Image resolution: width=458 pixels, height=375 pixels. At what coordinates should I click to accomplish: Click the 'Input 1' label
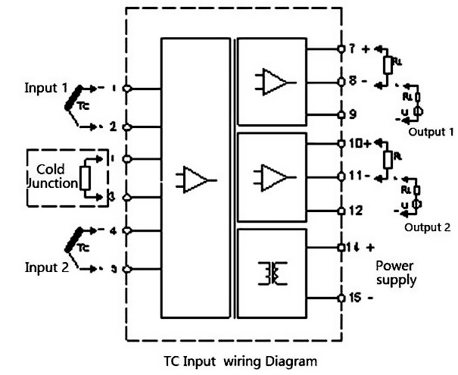pyautogui.click(x=45, y=86)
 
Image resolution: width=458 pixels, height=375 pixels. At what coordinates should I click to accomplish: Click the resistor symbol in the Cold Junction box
pyautogui.click(x=86, y=178)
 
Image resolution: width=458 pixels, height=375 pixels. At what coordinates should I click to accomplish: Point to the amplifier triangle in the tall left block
pyautogui.click(x=196, y=180)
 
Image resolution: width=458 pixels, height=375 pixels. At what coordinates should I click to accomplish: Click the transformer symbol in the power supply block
pyautogui.click(x=273, y=273)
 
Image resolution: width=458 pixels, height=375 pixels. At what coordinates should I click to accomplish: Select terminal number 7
pyautogui.click(x=352, y=48)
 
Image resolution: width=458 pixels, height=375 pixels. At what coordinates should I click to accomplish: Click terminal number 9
pyautogui.click(x=352, y=115)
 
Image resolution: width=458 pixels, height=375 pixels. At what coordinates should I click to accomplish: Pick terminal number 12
pyautogui.click(x=354, y=210)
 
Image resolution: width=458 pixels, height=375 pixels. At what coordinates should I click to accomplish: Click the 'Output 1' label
pyautogui.click(x=428, y=131)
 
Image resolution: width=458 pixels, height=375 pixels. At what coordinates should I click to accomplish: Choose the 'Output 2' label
pyautogui.click(x=426, y=227)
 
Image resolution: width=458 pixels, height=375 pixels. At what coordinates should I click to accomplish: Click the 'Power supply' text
pyautogui.click(x=396, y=273)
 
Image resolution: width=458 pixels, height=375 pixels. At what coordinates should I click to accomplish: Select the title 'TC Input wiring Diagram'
pyautogui.click(x=241, y=361)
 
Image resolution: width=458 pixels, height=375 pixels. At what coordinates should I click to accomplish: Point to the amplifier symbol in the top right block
pyautogui.click(x=274, y=81)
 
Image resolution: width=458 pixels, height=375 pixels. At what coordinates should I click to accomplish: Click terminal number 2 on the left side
pyautogui.click(x=114, y=127)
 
